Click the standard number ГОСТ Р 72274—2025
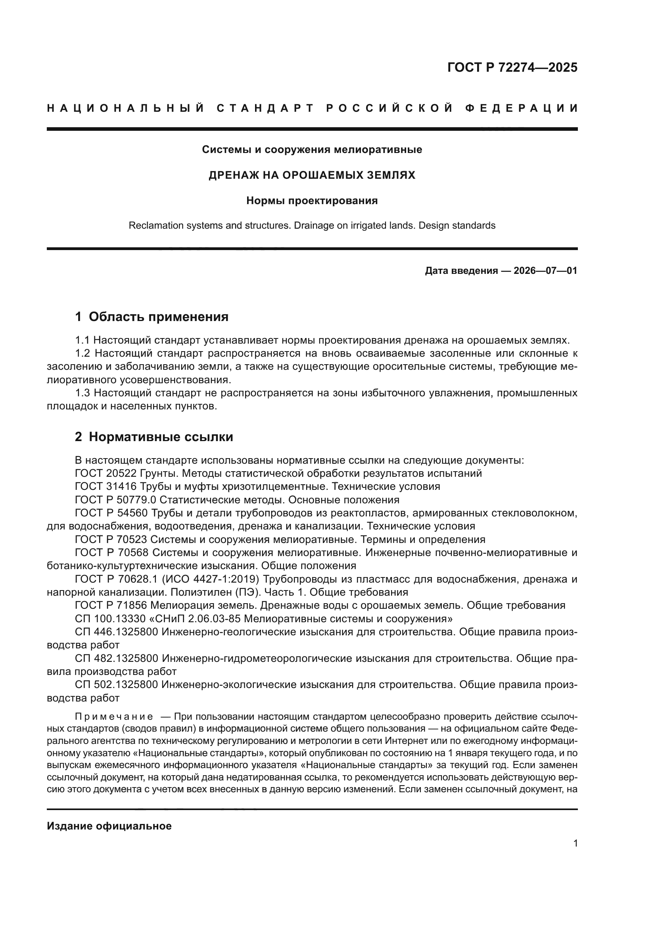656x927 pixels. (512, 67)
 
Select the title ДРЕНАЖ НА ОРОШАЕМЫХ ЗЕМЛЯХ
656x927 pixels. (312, 175)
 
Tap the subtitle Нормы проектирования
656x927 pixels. (312, 201)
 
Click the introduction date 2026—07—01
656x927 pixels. (545, 271)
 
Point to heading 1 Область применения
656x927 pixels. (152, 317)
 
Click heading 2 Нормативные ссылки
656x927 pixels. (154, 437)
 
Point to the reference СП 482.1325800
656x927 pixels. (116, 659)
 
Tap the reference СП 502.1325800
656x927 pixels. (116, 685)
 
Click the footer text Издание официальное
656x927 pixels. (109, 826)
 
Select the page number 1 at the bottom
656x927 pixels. (575, 843)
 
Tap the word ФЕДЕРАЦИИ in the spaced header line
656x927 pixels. (521, 109)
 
